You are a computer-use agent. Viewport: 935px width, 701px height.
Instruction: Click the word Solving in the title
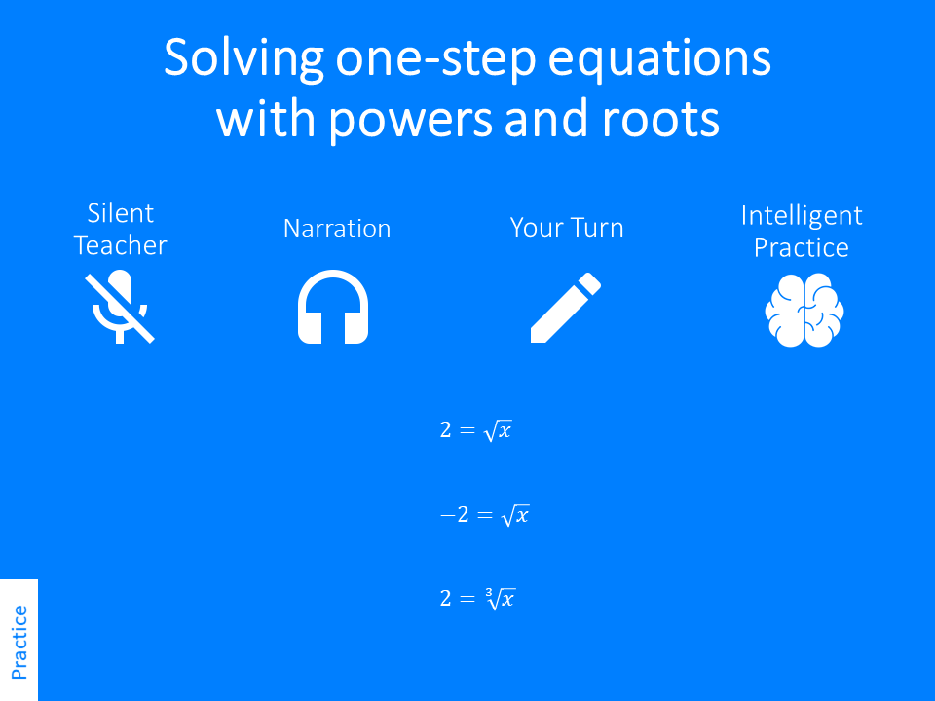pos(243,60)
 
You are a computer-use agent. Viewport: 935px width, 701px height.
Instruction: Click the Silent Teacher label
pos(121,229)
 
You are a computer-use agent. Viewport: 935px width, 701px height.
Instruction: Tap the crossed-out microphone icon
pos(121,307)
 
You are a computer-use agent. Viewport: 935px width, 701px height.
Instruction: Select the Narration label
pos(337,229)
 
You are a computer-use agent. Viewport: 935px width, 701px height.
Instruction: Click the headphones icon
pos(333,308)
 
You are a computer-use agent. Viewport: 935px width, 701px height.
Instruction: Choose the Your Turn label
pos(567,229)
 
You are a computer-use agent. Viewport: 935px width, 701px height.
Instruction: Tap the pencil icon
pos(565,308)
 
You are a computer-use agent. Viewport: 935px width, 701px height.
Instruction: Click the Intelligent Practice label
pos(802,231)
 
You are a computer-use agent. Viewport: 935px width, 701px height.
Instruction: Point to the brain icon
pos(804,309)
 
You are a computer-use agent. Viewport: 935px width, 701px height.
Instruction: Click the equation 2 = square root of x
pos(475,429)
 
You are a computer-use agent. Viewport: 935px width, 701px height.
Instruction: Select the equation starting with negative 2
pos(484,515)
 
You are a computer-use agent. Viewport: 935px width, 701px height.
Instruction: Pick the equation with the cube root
pos(476,599)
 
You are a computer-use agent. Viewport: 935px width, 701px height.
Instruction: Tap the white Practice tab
pos(19,641)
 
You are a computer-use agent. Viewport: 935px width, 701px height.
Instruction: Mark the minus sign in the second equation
pos(447,516)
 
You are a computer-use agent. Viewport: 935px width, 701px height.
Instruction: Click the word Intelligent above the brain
pos(802,215)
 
